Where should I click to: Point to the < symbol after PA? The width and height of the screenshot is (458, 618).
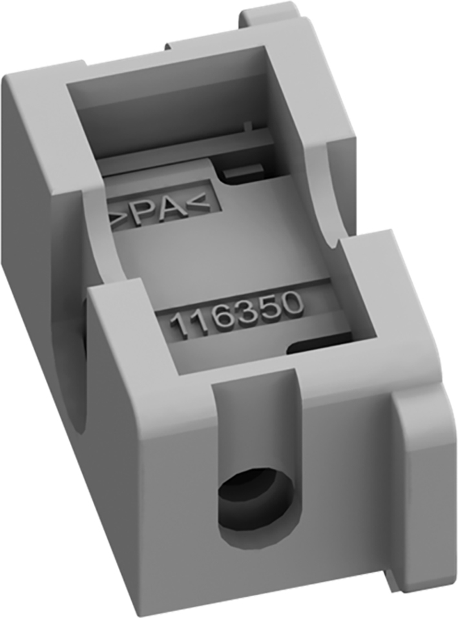tap(198, 205)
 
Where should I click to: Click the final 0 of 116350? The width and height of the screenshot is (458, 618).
tap(293, 304)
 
